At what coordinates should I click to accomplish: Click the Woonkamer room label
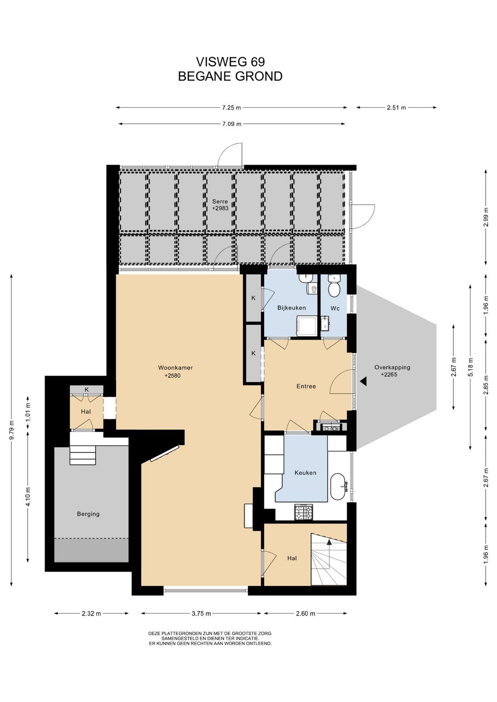pos(175,368)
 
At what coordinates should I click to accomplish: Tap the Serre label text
pos(220,201)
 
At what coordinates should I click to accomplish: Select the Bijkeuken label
pos(291,308)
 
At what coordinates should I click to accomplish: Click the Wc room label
pos(335,308)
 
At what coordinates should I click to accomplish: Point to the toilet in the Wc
pos(334,285)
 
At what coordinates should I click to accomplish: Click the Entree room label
pos(306,386)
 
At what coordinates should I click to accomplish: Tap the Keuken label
pos(305,472)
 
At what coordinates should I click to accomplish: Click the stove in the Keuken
pos(304,512)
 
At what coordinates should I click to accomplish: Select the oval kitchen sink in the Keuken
pos(339,486)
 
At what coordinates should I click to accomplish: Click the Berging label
pos(88,514)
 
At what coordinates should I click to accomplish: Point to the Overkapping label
pos(392,368)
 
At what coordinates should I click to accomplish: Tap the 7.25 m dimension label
pos(231,108)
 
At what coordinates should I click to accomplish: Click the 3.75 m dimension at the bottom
pos(201,614)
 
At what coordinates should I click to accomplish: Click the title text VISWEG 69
pos(230,62)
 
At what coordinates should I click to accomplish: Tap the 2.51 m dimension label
pos(396,108)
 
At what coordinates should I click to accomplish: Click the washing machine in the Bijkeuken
pos(306,326)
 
